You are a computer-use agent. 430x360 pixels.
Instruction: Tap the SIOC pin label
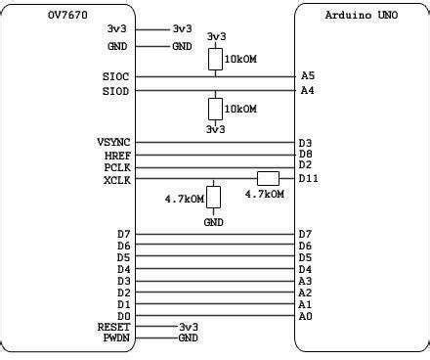click(115, 76)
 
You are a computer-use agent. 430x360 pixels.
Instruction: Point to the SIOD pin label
click(115, 91)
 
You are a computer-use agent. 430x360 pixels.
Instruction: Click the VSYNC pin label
click(113, 143)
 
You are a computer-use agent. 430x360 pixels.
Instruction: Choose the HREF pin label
click(117, 155)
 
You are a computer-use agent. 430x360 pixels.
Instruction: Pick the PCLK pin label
click(117, 166)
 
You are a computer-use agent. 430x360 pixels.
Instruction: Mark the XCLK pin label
click(117, 179)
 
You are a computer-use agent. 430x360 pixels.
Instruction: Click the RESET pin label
click(113, 327)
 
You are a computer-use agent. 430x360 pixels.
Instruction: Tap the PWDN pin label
click(117, 337)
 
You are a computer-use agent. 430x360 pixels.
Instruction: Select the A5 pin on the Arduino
click(307, 76)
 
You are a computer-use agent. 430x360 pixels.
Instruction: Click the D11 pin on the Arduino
click(309, 179)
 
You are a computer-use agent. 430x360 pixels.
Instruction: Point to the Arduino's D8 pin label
click(306, 155)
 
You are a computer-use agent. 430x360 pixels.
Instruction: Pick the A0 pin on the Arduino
click(306, 315)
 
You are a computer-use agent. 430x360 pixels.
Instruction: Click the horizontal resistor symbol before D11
click(268, 178)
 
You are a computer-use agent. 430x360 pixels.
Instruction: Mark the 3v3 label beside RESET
click(189, 327)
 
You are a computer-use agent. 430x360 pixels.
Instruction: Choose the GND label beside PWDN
click(189, 337)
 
